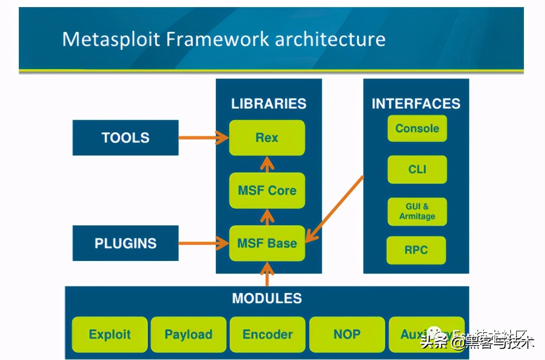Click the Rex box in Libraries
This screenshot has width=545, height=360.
coord(267,138)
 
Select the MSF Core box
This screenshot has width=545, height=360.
coord(267,191)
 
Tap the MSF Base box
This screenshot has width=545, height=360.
coord(267,243)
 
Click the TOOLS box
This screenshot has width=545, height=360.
coord(125,138)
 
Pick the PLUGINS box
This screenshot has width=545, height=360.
coord(125,243)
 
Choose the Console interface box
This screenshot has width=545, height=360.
coord(417,128)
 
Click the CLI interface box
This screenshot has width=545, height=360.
coord(417,169)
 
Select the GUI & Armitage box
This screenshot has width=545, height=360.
coord(417,211)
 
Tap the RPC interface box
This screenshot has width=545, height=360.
coord(416,250)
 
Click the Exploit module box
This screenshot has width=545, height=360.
coord(110,335)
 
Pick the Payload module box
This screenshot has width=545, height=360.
coord(188,335)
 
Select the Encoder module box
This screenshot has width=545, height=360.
coord(267,335)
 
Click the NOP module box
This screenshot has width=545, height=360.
coord(347,335)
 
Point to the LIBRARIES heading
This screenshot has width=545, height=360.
coord(269,104)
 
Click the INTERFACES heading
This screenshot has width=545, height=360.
coord(416,104)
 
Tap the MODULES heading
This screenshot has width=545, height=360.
coord(267,299)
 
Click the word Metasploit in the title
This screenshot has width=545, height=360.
coord(111,40)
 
